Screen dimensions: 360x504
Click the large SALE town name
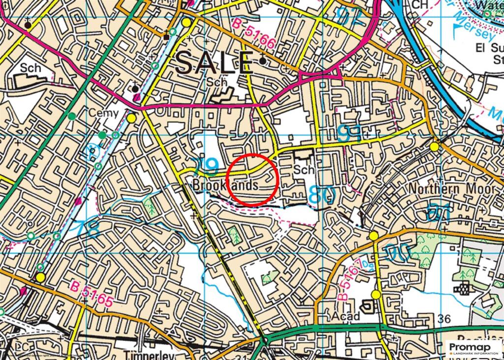click(x=214, y=63)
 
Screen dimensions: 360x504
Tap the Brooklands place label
click(x=225, y=186)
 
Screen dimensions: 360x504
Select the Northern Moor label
click(x=452, y=189)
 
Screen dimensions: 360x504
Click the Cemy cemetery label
click(x=103, y=114)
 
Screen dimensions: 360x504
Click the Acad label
click(x=346, y=316)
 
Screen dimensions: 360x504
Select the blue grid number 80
click(x=322, y=195)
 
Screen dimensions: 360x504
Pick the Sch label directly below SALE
click(x=217, y=82)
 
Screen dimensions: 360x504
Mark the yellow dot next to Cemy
click(x=131, y=118)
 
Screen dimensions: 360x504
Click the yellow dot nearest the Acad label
click(x=376, y=295)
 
